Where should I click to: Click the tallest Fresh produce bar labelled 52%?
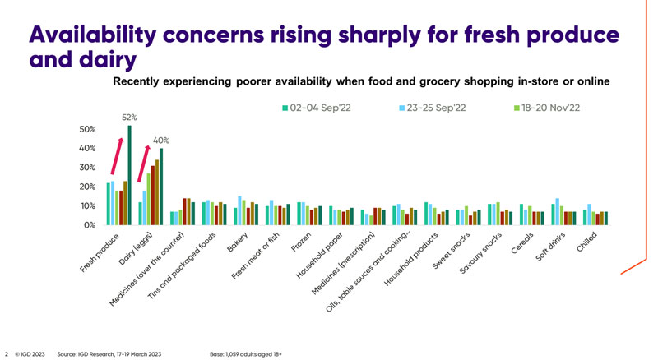pos(129,174)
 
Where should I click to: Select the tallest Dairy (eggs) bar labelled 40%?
pos(161,186)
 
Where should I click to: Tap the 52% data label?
pos(129,118)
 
